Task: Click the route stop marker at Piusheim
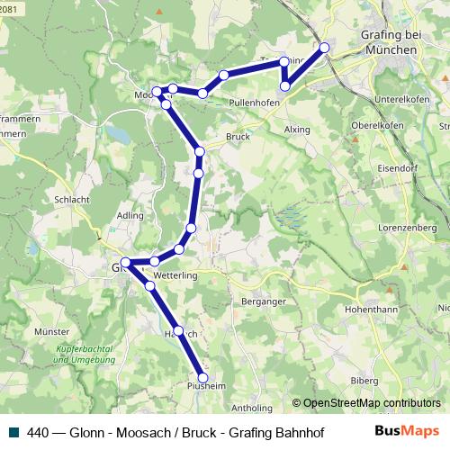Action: point(202,378)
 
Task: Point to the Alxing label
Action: point(296,130)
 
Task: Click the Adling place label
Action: point(130,217)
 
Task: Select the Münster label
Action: point(51,332)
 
